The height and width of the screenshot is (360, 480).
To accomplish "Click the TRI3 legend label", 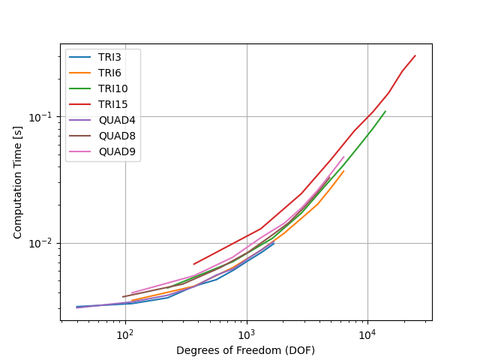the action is click(109, 57).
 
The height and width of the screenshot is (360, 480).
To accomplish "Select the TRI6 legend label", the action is click(109, 73).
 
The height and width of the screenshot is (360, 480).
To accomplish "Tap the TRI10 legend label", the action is click(113, 88).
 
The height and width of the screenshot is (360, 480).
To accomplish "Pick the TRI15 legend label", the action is click(113, 104).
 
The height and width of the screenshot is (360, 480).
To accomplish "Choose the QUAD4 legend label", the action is click(117, 120).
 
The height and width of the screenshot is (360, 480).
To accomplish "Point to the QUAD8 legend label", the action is click(117, 136).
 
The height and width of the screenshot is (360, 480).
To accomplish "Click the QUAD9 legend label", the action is click(117, 151).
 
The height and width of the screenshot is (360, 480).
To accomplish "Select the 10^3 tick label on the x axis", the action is click(247, 335).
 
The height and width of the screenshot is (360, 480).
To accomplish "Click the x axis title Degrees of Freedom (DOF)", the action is click(245, 350).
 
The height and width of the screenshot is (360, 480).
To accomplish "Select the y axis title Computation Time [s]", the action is click(17, 182).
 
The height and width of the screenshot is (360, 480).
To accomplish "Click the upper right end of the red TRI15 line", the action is click(415, 55).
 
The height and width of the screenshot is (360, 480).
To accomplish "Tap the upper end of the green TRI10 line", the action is click(385, 111).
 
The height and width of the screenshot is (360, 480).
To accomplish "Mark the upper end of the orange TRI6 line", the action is click(344, 171).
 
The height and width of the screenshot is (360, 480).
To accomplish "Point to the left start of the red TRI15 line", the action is click(193, 264).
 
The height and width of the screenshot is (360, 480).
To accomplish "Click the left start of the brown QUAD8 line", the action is click(122, 297).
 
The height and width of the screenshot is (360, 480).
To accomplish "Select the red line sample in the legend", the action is click(80, 104).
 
